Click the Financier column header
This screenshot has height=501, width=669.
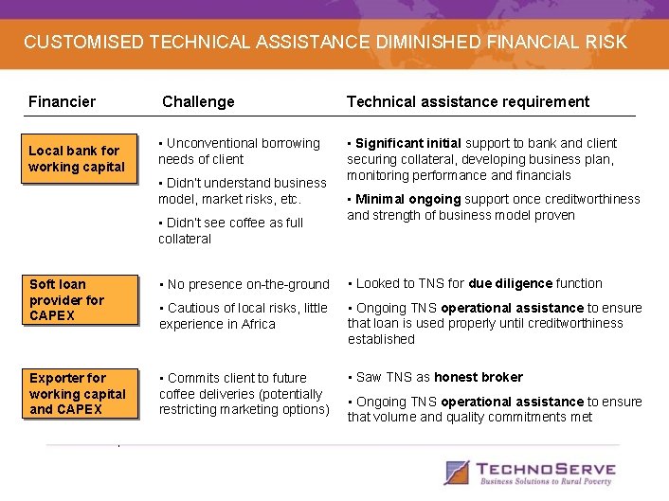[x=62, y=101]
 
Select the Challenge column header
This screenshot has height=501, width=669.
[x=198, y=101]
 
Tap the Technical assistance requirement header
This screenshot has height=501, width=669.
[x=467, y=101]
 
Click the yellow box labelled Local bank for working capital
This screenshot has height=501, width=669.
[x=77, y=159]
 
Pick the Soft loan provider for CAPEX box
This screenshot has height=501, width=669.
[x=77, y=299]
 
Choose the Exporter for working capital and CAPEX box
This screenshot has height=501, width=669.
[x=77, y=393]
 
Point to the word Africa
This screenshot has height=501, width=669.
[x=256, y=324]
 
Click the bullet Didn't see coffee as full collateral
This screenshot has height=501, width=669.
[x=230, y=231]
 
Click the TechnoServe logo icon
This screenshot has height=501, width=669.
[x=458, y=472]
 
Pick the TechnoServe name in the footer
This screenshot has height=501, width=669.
[x=546, y=468]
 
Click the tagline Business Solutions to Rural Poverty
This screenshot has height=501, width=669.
[x=546, y=482]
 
